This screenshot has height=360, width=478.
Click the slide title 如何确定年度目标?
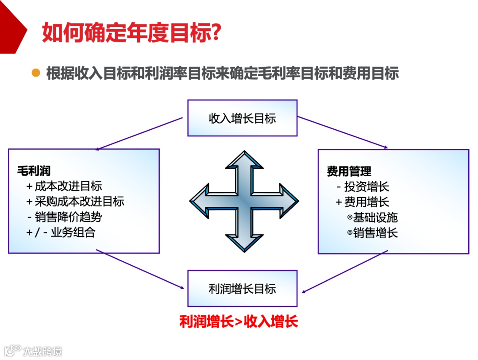(x=131, y=32)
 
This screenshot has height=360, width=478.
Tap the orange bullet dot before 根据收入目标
(x=36, y=73)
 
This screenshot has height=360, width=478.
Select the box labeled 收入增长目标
(x=242, y=118)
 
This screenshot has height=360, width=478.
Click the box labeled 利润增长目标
(x=242, y=289)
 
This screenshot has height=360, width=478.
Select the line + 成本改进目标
(x=64, y=186)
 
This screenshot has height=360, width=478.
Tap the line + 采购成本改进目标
(x=75, y=201)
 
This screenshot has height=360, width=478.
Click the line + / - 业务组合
(x=61, y=232)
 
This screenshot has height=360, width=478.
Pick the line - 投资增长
(x=362, y=186)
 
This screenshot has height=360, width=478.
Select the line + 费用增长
(x=362, y=202)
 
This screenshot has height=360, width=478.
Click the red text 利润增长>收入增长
(x=239, y=321)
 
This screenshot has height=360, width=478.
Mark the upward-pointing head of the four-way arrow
(x=244, y=162)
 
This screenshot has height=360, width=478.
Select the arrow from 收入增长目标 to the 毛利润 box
(x=139, y=133)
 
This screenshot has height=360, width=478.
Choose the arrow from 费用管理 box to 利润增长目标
(x=345, y=271)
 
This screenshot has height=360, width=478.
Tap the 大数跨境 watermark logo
(x=33, y=351)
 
